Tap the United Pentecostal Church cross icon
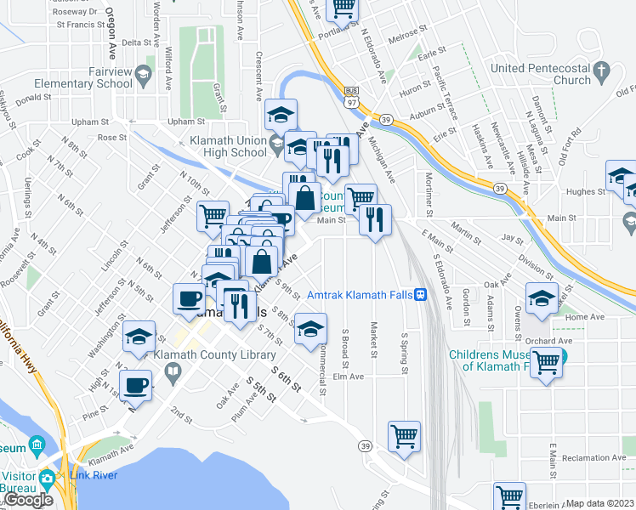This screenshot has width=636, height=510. pos(602,69)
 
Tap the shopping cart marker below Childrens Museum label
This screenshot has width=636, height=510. pos(546,364)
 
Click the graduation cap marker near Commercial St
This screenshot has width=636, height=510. pos(312,327)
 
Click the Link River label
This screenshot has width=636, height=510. pos(94,475)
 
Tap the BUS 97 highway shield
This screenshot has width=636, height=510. pos(350,96)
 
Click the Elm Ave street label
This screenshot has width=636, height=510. pos(348,376)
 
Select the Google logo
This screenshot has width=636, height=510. pos(28,500)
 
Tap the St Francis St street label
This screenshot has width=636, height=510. pos(79,25)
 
